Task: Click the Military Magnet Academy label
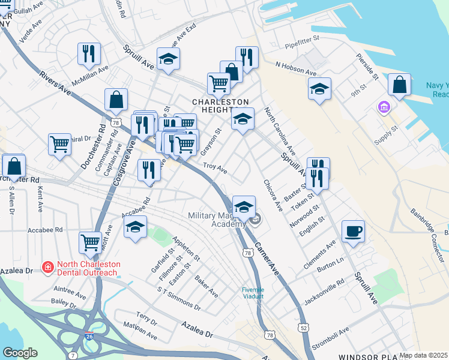coord(217,220)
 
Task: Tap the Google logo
coord(20,353)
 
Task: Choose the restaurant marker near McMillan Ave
coord(89,53)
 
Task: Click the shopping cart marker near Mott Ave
coord(90,242)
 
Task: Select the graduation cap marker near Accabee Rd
coord(135,227)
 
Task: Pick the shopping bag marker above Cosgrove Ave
coord(116,99)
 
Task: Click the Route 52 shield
coord(304,327)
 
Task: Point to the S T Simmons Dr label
coord(179,298)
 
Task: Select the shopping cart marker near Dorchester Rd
coord(59,145)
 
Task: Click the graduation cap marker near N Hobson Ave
coord(320,89)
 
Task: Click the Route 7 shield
coord(73,356)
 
